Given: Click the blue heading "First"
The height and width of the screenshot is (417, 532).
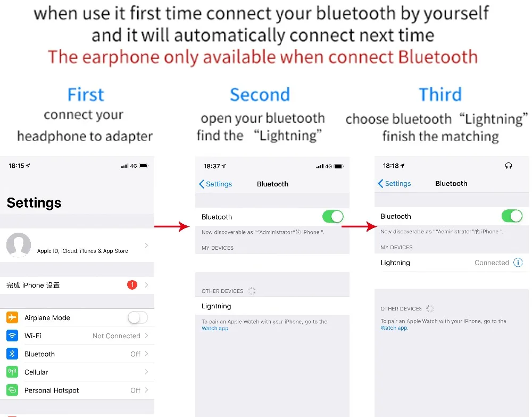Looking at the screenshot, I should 86,95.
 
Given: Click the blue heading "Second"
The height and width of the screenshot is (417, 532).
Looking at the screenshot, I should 260,95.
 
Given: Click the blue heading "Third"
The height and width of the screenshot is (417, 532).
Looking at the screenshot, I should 440,95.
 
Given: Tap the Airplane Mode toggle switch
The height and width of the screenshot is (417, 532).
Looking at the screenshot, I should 137,318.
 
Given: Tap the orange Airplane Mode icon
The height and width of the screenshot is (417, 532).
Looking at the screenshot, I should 12,318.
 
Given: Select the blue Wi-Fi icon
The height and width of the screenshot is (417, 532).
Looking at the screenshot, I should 12,336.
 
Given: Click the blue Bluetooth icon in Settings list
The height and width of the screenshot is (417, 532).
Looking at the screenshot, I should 12,354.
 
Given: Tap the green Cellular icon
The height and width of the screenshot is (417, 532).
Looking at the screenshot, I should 12,372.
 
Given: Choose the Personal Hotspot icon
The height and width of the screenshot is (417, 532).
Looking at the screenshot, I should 12,390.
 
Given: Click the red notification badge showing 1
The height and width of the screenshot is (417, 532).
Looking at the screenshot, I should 132,285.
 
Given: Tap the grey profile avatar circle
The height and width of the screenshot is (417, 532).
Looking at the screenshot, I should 19,245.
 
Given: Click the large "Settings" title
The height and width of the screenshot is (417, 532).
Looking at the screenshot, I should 34,203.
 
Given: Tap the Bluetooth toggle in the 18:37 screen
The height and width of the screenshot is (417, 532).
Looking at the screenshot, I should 332,217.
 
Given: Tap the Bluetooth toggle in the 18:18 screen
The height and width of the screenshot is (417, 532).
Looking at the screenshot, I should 512,216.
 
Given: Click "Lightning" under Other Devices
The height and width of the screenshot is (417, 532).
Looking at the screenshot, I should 217,306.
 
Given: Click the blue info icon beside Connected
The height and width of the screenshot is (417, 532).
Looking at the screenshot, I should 518,263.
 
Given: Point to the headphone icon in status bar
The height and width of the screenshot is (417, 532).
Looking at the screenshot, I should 508,166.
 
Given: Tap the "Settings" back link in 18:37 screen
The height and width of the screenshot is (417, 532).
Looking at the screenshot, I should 215,184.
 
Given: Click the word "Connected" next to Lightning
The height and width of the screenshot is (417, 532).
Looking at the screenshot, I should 492,263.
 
